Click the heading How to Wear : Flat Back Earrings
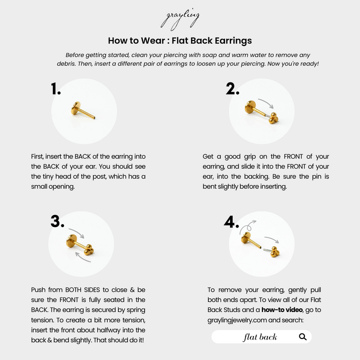pos(179,40)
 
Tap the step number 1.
pos(56,89)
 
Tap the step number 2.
pos(233,88)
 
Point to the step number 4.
pos(231,221)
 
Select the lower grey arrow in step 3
pos(81,255)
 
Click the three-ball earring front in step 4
pos(273,253)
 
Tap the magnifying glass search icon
pos(302,336)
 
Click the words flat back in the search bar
pos(259,337)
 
